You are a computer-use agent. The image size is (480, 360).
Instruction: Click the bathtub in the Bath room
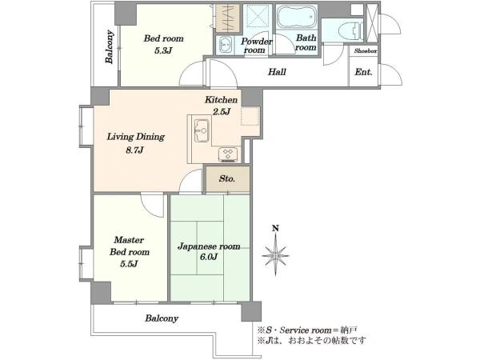[296, 17]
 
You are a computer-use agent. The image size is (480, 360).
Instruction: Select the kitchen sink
[202, 131]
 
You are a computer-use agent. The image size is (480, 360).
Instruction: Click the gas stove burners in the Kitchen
[228, 154]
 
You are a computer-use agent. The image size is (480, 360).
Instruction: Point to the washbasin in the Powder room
[226, 46]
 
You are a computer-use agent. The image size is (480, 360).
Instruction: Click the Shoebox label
[366, 51]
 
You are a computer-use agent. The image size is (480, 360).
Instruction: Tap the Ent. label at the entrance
[363, 72]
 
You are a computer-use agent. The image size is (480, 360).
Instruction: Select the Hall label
[277, 72]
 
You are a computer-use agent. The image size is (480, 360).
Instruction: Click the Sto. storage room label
[227, 178]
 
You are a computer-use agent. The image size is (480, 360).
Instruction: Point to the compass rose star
[276, 255]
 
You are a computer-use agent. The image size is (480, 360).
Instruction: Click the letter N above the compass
[276, 228]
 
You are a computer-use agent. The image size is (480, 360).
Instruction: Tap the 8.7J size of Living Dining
[134, 150]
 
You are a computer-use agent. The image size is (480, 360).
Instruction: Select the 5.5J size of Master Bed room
[129, 263]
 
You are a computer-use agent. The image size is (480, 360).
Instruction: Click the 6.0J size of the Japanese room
[209, 257]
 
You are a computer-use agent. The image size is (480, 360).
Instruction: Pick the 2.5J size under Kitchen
[222, 112]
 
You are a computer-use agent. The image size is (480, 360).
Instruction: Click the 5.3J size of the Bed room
[163, 50]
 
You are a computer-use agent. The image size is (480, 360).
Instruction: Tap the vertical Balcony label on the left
[110, 46]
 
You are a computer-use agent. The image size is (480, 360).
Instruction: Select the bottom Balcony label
[162, 318]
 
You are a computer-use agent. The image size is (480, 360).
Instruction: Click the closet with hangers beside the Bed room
[228, 18]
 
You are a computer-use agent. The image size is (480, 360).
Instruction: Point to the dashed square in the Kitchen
[250, 116]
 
